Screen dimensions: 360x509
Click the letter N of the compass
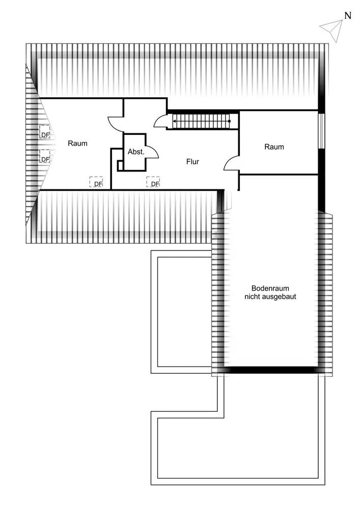pyautogui.click(x=348, y=15)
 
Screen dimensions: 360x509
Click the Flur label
pyautogui.click(x=192, y=162)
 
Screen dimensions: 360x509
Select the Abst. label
pyautogui.click(x=136, y=152)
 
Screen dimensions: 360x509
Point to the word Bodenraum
pyautogui.click(x=270, y=288)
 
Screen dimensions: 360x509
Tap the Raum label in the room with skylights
pyautogui.click(x=77, y=143)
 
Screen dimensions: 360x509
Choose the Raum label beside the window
pyautogui.click(x=274, y=147)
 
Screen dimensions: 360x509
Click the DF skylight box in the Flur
pyautogui.click(x=153, y=182)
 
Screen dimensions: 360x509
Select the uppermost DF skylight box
pyautogui.click(x=45, y=132)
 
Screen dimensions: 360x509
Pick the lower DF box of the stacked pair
pyautogui.click(x=45, y=156)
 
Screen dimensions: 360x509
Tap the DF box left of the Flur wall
pyautogui.click(x=96, y=182)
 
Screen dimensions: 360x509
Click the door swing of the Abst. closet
pyautogui.click(x=152, y=151)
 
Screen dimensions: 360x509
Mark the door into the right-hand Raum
pyautogui.click(x=232, y=163)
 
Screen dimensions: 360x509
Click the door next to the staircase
pyautogui.click(x=160, y=121)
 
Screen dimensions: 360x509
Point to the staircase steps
pyautogui.click(x=202, y=121)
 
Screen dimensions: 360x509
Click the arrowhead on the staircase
pyautogui.click(x=175, y=121)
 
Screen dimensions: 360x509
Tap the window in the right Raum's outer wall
pyautogui.click(x=321, y=130)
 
